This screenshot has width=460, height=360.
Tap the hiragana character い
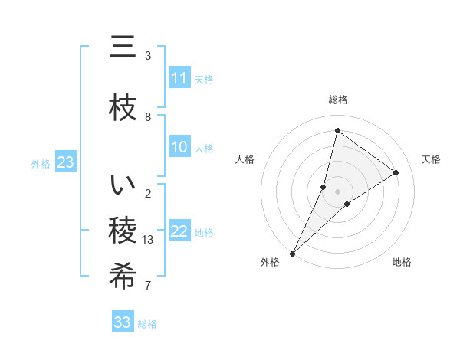coord(123,185)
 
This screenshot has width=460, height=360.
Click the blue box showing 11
coord(179,78)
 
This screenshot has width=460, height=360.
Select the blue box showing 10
coord(179,147)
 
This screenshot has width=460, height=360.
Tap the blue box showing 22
coord(179,231)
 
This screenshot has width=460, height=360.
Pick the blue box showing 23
coord(65,162)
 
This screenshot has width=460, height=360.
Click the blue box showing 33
coord(123,322)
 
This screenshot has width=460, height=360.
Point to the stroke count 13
coord(149,240)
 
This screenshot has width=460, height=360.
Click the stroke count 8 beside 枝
coord(148,117)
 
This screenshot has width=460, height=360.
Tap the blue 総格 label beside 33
coord(148,324)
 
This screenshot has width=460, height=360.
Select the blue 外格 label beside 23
coord(41,163)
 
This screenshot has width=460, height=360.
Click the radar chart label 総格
coord(338,100)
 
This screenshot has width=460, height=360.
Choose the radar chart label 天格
coord(432,159)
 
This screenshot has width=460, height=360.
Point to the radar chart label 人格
coord(245,159)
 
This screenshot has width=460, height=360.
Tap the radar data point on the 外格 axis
coord(292,253)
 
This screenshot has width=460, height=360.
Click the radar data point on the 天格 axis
coord(396,172)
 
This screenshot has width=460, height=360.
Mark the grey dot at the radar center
coord(338,191)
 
